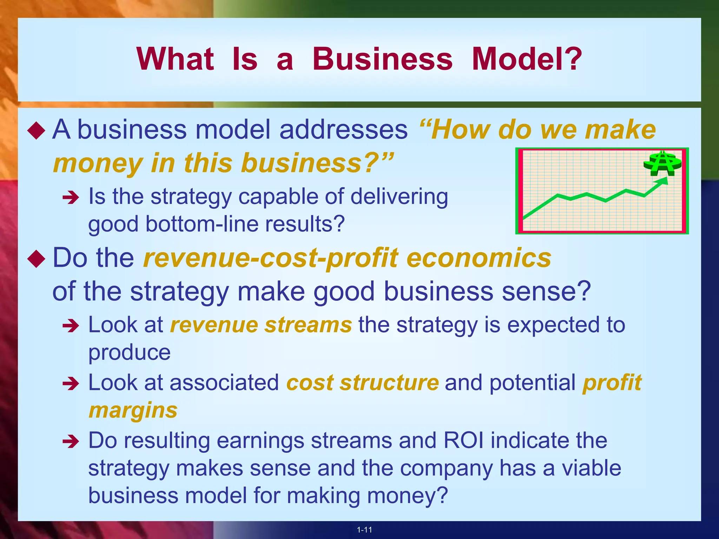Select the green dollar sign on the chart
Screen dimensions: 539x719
[x=662, y=164]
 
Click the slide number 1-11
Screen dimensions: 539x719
[x=364, y=530]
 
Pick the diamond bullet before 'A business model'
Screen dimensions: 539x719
[x=37, y=131]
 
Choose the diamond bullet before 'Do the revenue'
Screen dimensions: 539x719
[x=37, y=259]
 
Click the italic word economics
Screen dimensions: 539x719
[x=479, y=258]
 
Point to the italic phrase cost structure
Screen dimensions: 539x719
[x=362, y=382]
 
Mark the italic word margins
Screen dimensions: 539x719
[x=133, y=411]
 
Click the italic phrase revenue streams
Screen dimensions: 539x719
[x=261, y=325]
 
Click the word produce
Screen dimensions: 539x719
[x=129, y=352]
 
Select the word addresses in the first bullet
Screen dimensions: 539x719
[x=343, y=129]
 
